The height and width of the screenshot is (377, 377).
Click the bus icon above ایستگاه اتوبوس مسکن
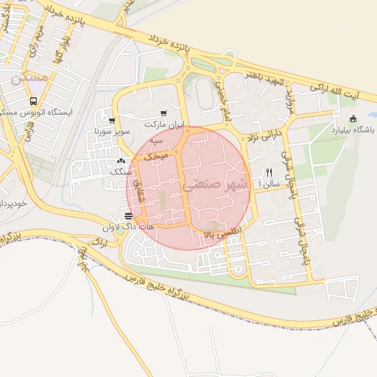point(32,101)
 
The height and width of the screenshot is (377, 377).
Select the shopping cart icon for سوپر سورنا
point(111,121)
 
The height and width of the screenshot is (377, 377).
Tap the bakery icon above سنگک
point(121,161)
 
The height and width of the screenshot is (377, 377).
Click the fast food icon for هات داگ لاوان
point(129,216)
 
